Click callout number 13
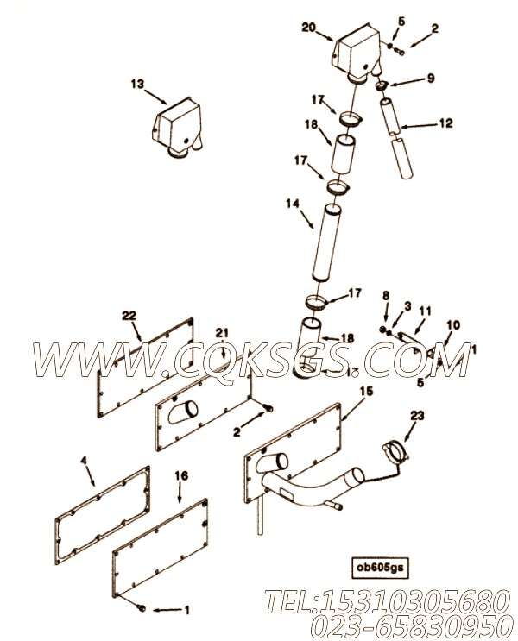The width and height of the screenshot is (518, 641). (137, 85)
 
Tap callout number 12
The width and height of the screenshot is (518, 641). (444, 123)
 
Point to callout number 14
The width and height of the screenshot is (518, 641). (293, 204)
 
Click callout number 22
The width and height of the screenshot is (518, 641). (129, 317)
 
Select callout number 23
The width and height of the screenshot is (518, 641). (417, 415)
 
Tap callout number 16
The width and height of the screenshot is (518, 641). (181, 474)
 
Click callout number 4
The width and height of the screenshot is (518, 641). (85, 462)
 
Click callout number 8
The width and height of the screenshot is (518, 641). (386, 296)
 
